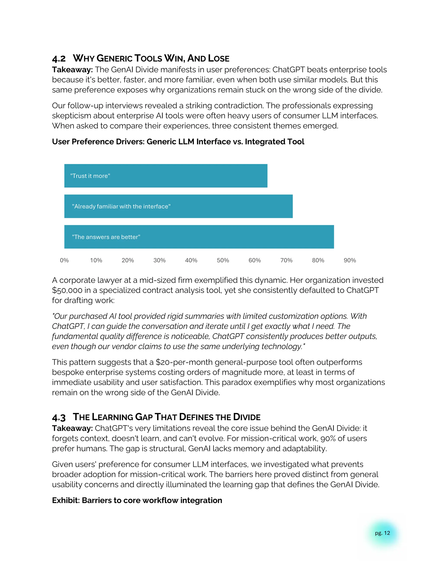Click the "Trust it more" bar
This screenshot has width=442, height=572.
coord(166,176)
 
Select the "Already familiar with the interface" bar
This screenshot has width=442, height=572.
coord(178,206)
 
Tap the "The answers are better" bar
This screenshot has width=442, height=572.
coord(199,237)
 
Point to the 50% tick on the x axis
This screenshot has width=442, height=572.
coord(223,260)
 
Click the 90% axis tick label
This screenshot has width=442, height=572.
coord(350,260)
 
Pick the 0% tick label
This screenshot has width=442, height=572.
coord(64,260)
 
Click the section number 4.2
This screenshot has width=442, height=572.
coord(59,59)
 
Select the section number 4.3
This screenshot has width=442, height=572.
coord(59,417)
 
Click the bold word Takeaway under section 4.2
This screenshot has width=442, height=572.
coord(72,70)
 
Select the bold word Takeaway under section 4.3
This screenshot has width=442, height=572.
coord(72,428)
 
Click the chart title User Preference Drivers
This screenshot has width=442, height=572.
coord(178,142)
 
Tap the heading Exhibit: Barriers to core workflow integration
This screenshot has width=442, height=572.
coord(137,500)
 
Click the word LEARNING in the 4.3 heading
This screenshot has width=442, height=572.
coord(113,417)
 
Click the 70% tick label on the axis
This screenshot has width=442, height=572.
coord(286,260)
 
